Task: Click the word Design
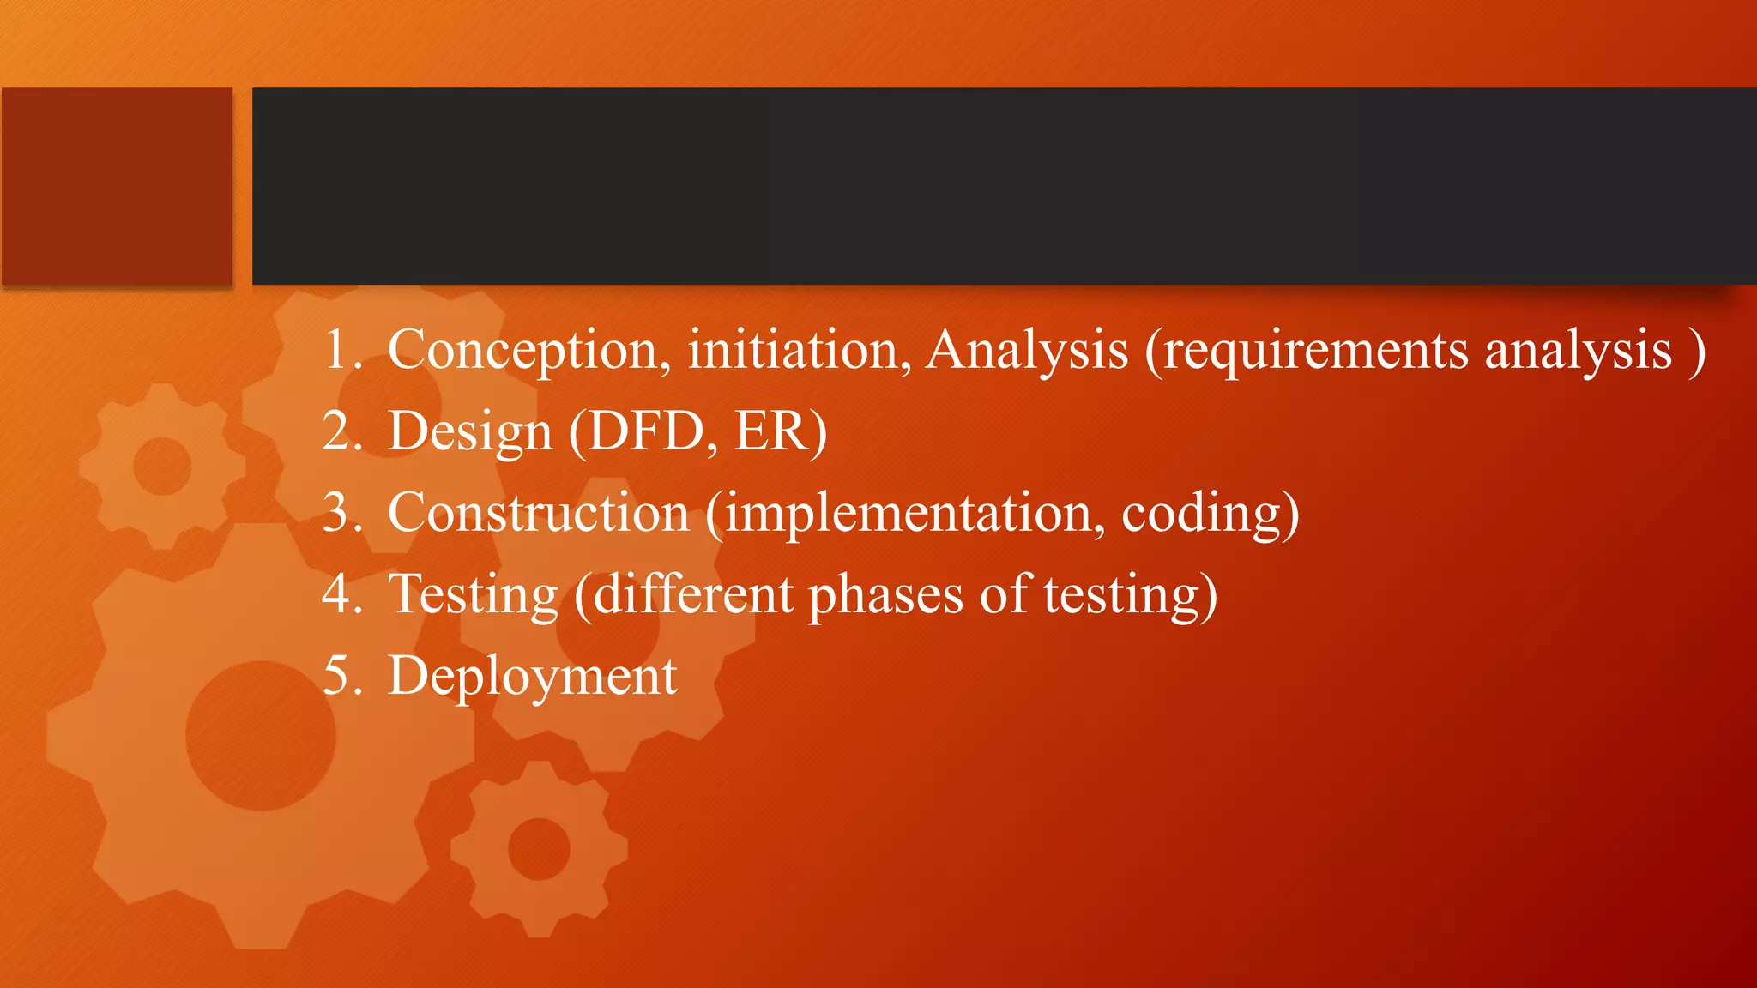[x=470, y=431]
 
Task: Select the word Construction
[x=538, y=513]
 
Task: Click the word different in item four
[x=693, y=593]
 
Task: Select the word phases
[x=885, y=593]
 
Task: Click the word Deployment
[x=532, y=676]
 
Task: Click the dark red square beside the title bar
[x=117, y=185]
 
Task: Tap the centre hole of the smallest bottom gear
[x=539, y=849]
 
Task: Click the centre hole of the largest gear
[x=260, y=735]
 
